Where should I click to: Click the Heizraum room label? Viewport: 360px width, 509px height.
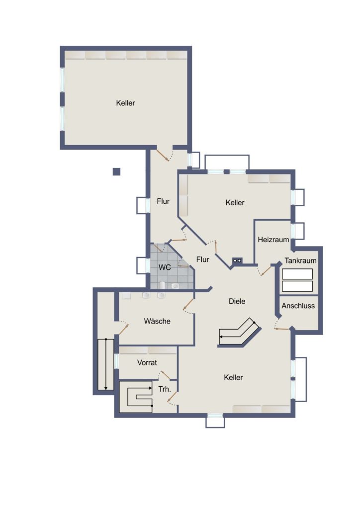click(x=273, y=240)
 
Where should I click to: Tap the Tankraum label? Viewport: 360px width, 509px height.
click(x=300, y=260)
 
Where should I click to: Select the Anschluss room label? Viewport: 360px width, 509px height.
click(x=298, y=306)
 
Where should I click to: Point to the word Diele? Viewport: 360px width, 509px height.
click(x=237, y=301)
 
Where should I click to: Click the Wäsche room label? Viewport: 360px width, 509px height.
click(x=157, y=321)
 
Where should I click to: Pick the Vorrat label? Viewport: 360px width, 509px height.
click(x=147, y=362)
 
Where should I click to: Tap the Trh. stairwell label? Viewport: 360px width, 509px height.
click(x=165, y=389)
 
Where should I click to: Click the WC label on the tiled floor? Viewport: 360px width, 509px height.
click(x=165, y=267)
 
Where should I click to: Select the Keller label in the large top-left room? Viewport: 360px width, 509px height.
click(x=125, y=103)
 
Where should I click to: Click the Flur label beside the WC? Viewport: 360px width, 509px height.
click(x=202, y=259)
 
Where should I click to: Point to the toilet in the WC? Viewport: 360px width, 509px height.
click(x=162, y=285)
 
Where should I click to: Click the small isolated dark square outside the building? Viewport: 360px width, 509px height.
click(x=116, y=171)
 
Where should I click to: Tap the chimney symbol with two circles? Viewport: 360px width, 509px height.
click(x=237, y=260)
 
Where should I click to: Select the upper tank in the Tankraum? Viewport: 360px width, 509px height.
click(x=297, y=274)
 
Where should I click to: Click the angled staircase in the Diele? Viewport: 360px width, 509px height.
click(x=240, y=333)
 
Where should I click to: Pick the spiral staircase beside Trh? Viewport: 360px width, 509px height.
click(x=136, y=397)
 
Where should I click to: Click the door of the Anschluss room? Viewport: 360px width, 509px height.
click(x=281, y=328)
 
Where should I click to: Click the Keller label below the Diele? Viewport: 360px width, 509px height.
click(x=233, y=377)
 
